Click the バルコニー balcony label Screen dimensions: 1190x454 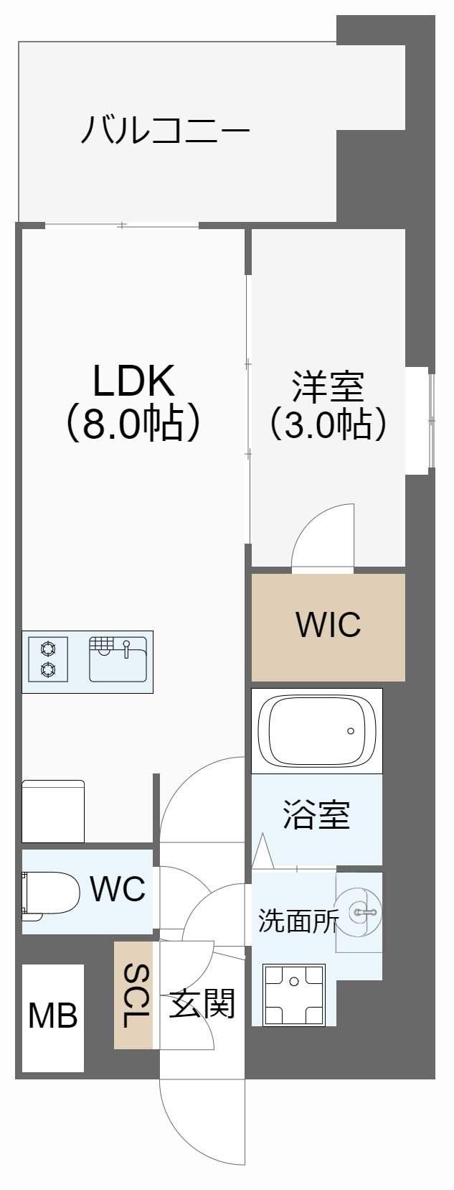(165, 131)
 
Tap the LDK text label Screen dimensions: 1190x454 (133, 381)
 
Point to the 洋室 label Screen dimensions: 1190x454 (328, 386)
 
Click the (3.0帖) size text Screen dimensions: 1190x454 (328, 424)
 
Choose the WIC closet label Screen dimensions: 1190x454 (328, 625)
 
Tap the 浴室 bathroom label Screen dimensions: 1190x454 (316, 814)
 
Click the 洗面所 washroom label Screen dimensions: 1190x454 (297, 921)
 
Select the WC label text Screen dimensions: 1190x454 (118, 889)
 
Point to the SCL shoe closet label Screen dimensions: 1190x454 (135, 995)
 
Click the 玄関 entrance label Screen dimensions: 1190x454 (202, 1003)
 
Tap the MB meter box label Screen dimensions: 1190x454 (52, 1016)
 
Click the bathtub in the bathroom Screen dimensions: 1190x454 (316, 730)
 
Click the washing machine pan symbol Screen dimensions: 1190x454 (294, 995)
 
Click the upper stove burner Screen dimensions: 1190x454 (48, 649)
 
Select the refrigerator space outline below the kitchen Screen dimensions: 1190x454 (53, 811)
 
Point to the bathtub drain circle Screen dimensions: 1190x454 (351, 731)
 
